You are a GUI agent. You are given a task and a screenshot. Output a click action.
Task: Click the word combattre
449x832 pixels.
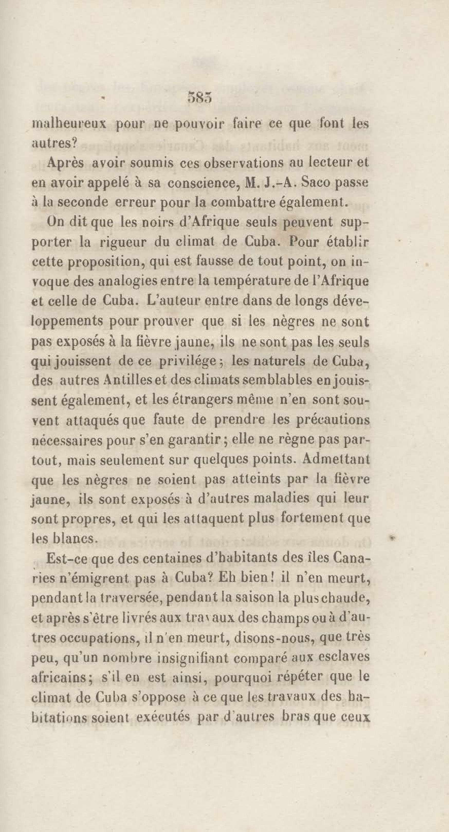pyautogui.click(x=249, y=202)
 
